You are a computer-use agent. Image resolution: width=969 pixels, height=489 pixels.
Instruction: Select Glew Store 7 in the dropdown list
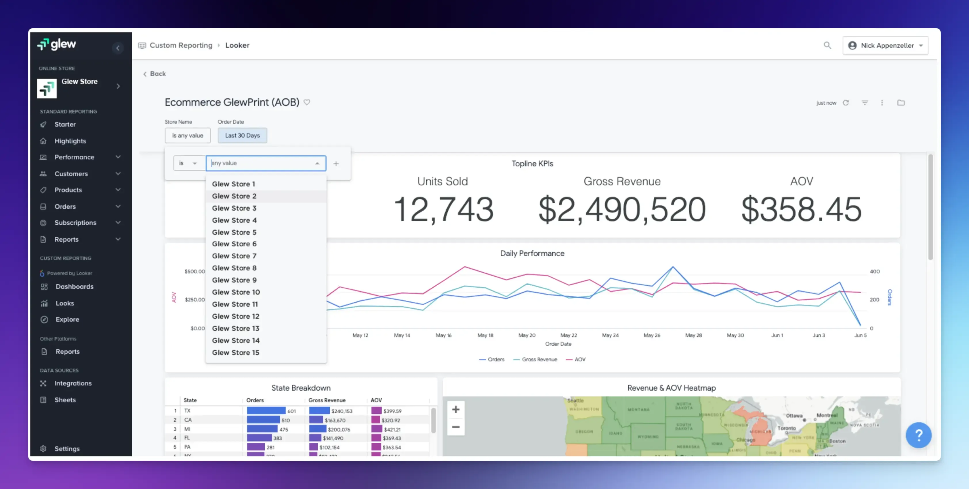point(234,256)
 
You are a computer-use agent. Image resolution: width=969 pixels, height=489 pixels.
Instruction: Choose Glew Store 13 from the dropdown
point(235,328)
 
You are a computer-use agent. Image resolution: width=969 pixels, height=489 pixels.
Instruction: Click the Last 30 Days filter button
point(242,135)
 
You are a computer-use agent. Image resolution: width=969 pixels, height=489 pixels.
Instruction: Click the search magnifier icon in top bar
point(827,45)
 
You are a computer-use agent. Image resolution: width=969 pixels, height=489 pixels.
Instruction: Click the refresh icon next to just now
point(846,103)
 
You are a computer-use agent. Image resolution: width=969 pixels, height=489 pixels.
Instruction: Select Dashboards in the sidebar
point(74,286)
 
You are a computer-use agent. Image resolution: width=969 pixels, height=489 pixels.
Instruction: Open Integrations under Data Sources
point(73,383)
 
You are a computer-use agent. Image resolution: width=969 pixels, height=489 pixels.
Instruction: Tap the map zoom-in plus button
point(455,410)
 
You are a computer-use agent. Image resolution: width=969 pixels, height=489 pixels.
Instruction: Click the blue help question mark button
point(918,435)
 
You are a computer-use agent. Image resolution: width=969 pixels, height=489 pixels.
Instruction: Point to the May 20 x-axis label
point(527,335)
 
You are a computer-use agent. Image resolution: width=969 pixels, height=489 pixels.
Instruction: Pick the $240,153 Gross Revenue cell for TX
point(342,411)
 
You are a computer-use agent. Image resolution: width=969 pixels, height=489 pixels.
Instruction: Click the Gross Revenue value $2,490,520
point(622,209)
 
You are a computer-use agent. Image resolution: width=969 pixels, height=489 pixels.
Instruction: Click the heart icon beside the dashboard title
point(307,102)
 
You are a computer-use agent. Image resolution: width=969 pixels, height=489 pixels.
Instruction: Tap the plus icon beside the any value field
point(336,164)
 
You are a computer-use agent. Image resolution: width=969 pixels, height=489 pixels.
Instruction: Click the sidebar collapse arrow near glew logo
point(118,48)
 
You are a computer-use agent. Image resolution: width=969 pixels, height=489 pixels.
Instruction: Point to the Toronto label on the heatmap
point(787,428)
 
